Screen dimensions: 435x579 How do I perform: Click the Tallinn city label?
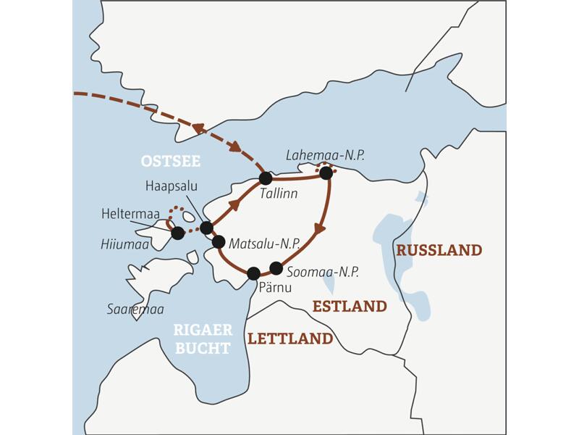pyautogui.click(x=279, y=195)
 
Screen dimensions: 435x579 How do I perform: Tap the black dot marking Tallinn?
pyautogui.click(x=266, y=178)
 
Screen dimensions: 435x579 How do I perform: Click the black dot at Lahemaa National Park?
pyautogui.click(x=326, y=173)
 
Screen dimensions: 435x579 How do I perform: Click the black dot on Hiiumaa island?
pyautogui.click(x=177, y=233)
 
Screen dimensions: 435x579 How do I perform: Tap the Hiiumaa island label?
pyautogui.click(x=119, y=246)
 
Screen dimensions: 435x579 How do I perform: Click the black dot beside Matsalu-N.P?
pyautogui.click(x=219, y=242)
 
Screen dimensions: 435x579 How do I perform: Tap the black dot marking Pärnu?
pyautogui.click(x=253, y=273)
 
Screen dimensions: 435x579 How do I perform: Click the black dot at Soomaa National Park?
pyautogui.click(x=275, y=267)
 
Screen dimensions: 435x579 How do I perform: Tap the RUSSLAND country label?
pyautogui.click(x=439, y=250)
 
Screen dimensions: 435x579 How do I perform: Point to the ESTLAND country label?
pyautogui.click(x=350, y=307)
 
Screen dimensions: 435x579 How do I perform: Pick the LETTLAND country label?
pyautogui.click(x=290, y=339)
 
